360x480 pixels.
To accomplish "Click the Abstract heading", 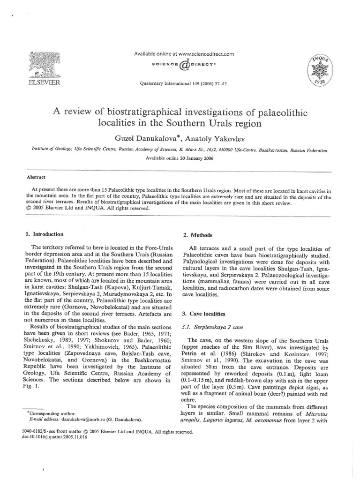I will [x=36, y=178].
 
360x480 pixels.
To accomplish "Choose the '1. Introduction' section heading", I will [x=45, y=234].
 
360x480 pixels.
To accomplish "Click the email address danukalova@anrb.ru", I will [x=77, y=420].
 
